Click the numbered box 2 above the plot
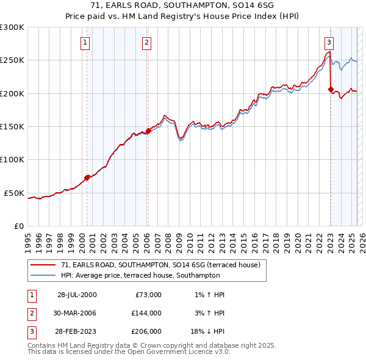point(148,43)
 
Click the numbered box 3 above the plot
point(329,43)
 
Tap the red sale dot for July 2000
point(87,178)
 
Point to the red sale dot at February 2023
point(331,90)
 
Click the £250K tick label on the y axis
point(12,60)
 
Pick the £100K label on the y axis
point(12,159)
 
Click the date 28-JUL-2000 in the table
point(77,295)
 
